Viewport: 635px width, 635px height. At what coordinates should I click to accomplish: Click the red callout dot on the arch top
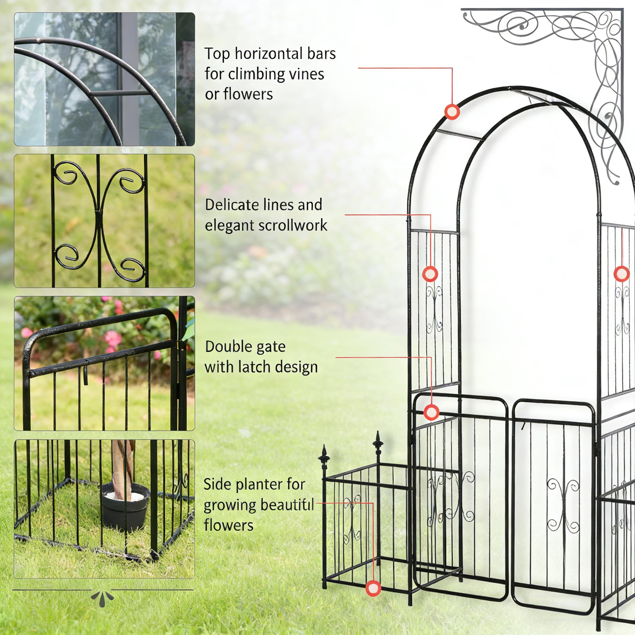point(452,112)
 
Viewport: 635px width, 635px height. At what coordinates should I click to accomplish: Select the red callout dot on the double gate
point(431,412)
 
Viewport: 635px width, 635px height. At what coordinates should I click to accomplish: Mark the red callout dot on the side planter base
point(373,588)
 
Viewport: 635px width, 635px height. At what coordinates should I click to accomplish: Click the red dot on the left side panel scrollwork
point(430,273)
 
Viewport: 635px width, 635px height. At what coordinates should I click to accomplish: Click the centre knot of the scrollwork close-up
point(98,210)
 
